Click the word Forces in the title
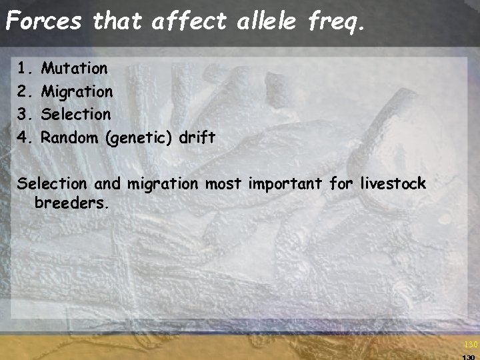click(43, 21)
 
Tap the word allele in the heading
click(270, 21)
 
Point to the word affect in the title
click(189, 21)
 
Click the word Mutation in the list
click(74, 68)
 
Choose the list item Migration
click(77, 91)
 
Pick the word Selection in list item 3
click(76, 114)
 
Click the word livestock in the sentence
click(393, 183)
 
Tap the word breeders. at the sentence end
click(71, 203)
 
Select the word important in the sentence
click(286, 184)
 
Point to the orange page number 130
click(471, 345)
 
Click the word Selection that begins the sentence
click(52, 183)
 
